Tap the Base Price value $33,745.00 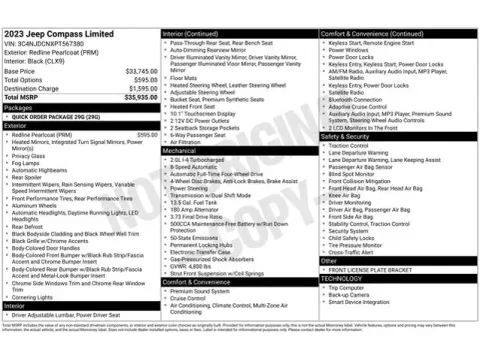click(x=140, y=72)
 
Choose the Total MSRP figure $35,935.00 click(x=140, y=97)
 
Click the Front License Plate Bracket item click(x=370, y=269)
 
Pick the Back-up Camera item click(x=350, y=295)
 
